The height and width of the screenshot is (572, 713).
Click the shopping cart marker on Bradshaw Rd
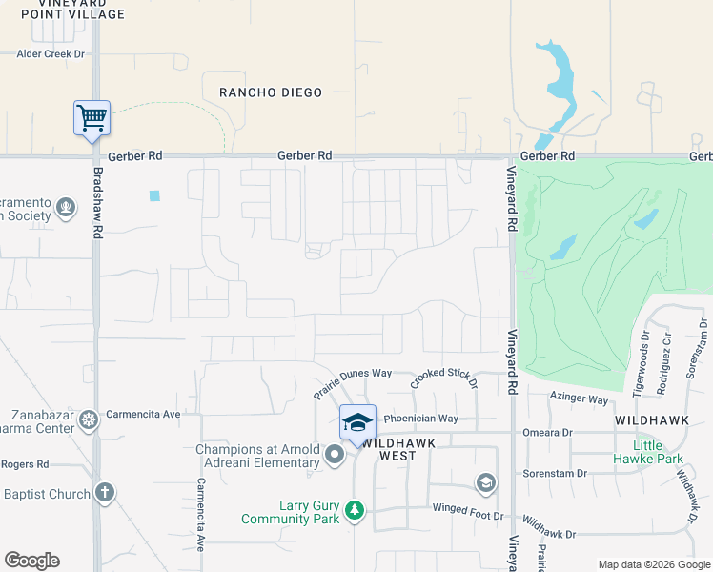coord(92,118)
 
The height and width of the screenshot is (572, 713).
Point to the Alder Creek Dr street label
coord(51,54)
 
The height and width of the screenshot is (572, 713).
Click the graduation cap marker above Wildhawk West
coord(357,422)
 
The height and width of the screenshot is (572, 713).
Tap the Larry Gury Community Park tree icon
coord(355,512)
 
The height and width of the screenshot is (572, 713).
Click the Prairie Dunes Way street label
coord(353,384)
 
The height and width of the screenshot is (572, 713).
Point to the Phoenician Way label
coord(420,419)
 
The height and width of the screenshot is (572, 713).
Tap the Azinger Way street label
coord(579,399)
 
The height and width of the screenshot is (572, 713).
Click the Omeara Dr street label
coord(547,432)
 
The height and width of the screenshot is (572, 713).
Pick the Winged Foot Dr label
coord(466,516)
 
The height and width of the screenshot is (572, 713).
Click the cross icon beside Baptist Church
coord(105,494)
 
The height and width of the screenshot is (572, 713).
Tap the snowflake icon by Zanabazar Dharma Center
coord(89,420)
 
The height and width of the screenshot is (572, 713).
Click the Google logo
coord(31,561)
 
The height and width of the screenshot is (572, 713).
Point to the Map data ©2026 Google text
coord(653,564)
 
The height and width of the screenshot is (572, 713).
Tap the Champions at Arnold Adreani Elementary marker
coord(334,456)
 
